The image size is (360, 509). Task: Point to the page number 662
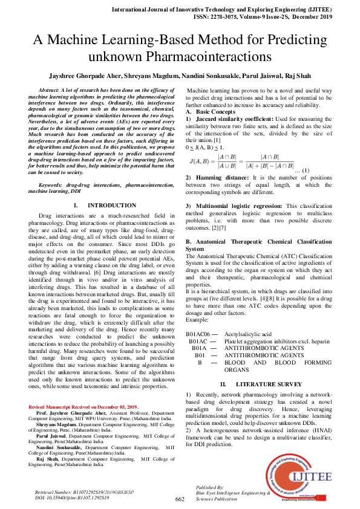point(180,499)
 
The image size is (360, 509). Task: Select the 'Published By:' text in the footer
point(210,487)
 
